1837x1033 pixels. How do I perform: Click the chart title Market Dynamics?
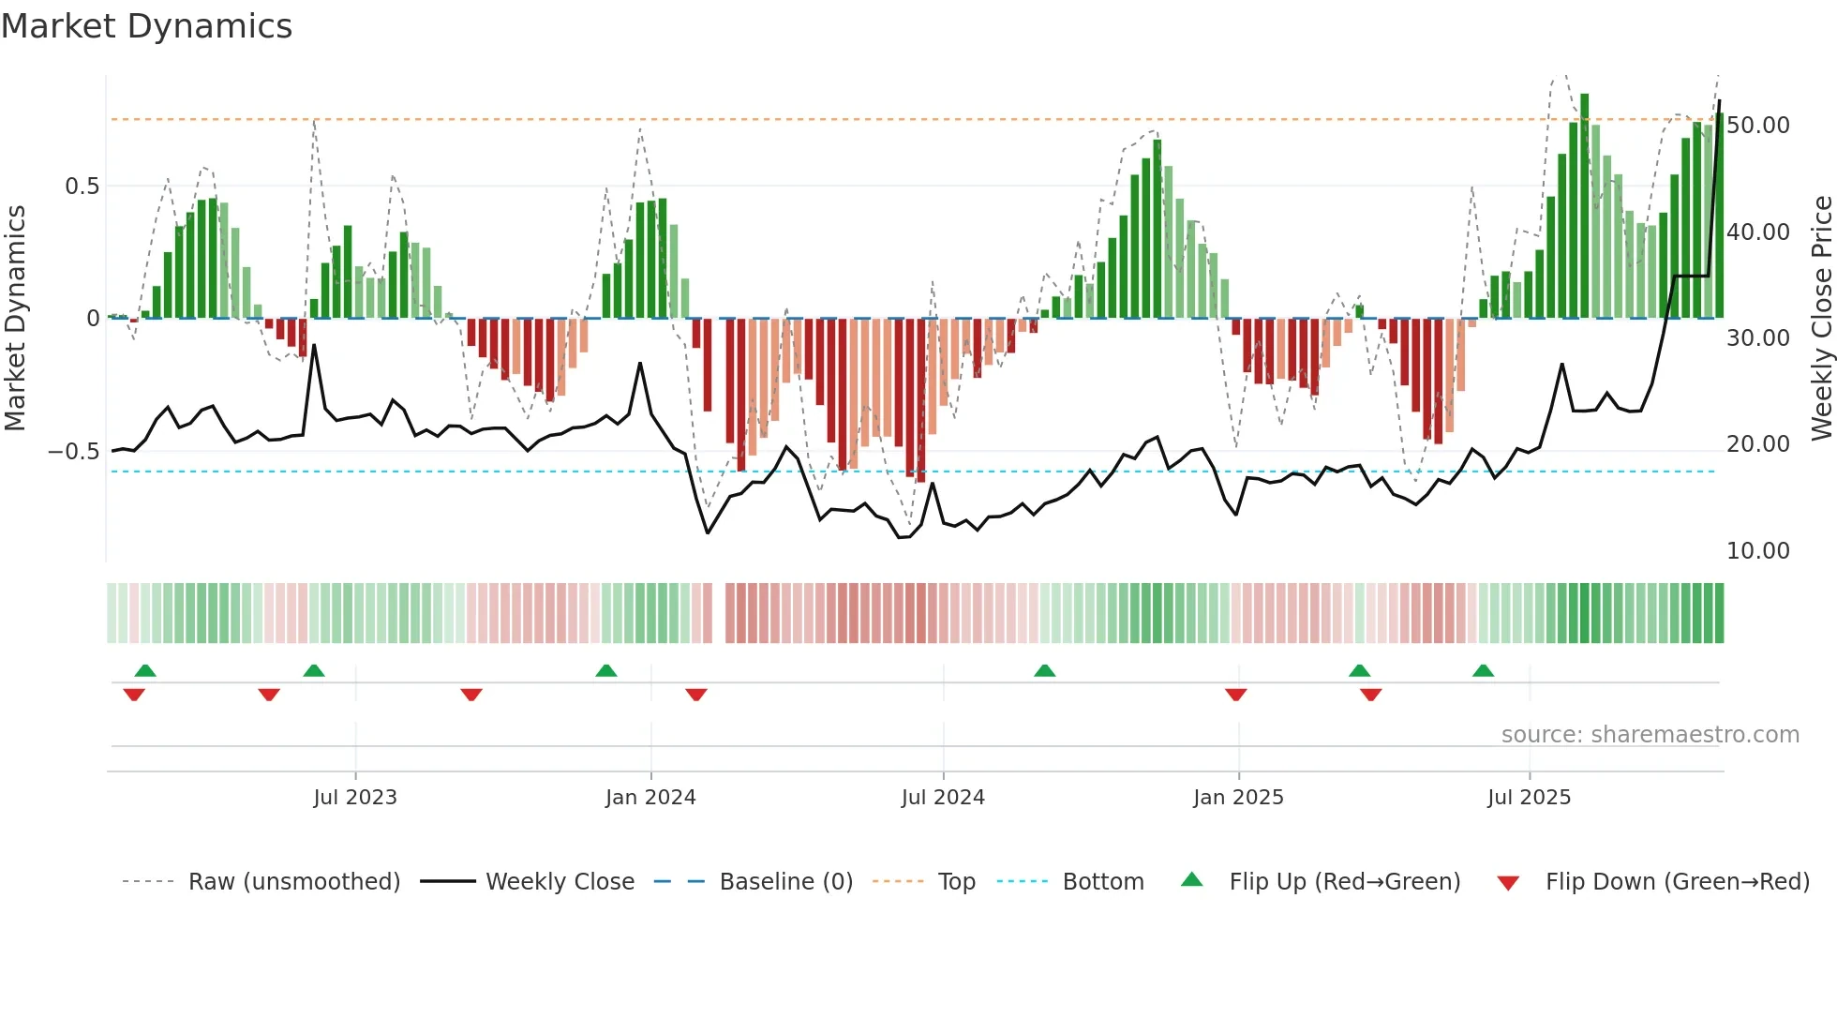(146, 26)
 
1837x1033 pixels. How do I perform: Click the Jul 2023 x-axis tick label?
(355, 798)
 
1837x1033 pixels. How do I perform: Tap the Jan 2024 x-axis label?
(650, 798)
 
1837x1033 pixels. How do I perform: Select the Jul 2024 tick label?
(943, 798)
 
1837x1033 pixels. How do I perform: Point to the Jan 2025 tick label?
(1238, 798)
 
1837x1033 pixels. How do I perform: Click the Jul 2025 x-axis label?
(1529, 798)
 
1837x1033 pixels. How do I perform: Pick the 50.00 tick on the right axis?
(1757, 126)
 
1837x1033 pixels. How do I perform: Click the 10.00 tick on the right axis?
(1757, 551)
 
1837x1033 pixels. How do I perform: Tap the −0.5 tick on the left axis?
(73, 452)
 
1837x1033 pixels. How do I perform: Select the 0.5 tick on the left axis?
(82, 187)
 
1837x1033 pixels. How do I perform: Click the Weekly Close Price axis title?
(1821, 318)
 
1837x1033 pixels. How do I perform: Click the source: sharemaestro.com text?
(1650, 735)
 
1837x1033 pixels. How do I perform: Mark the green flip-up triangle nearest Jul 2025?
(1483, 671)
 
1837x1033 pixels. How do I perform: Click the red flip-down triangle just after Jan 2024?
(695, 695)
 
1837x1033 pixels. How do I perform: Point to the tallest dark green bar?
(1584, 206)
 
